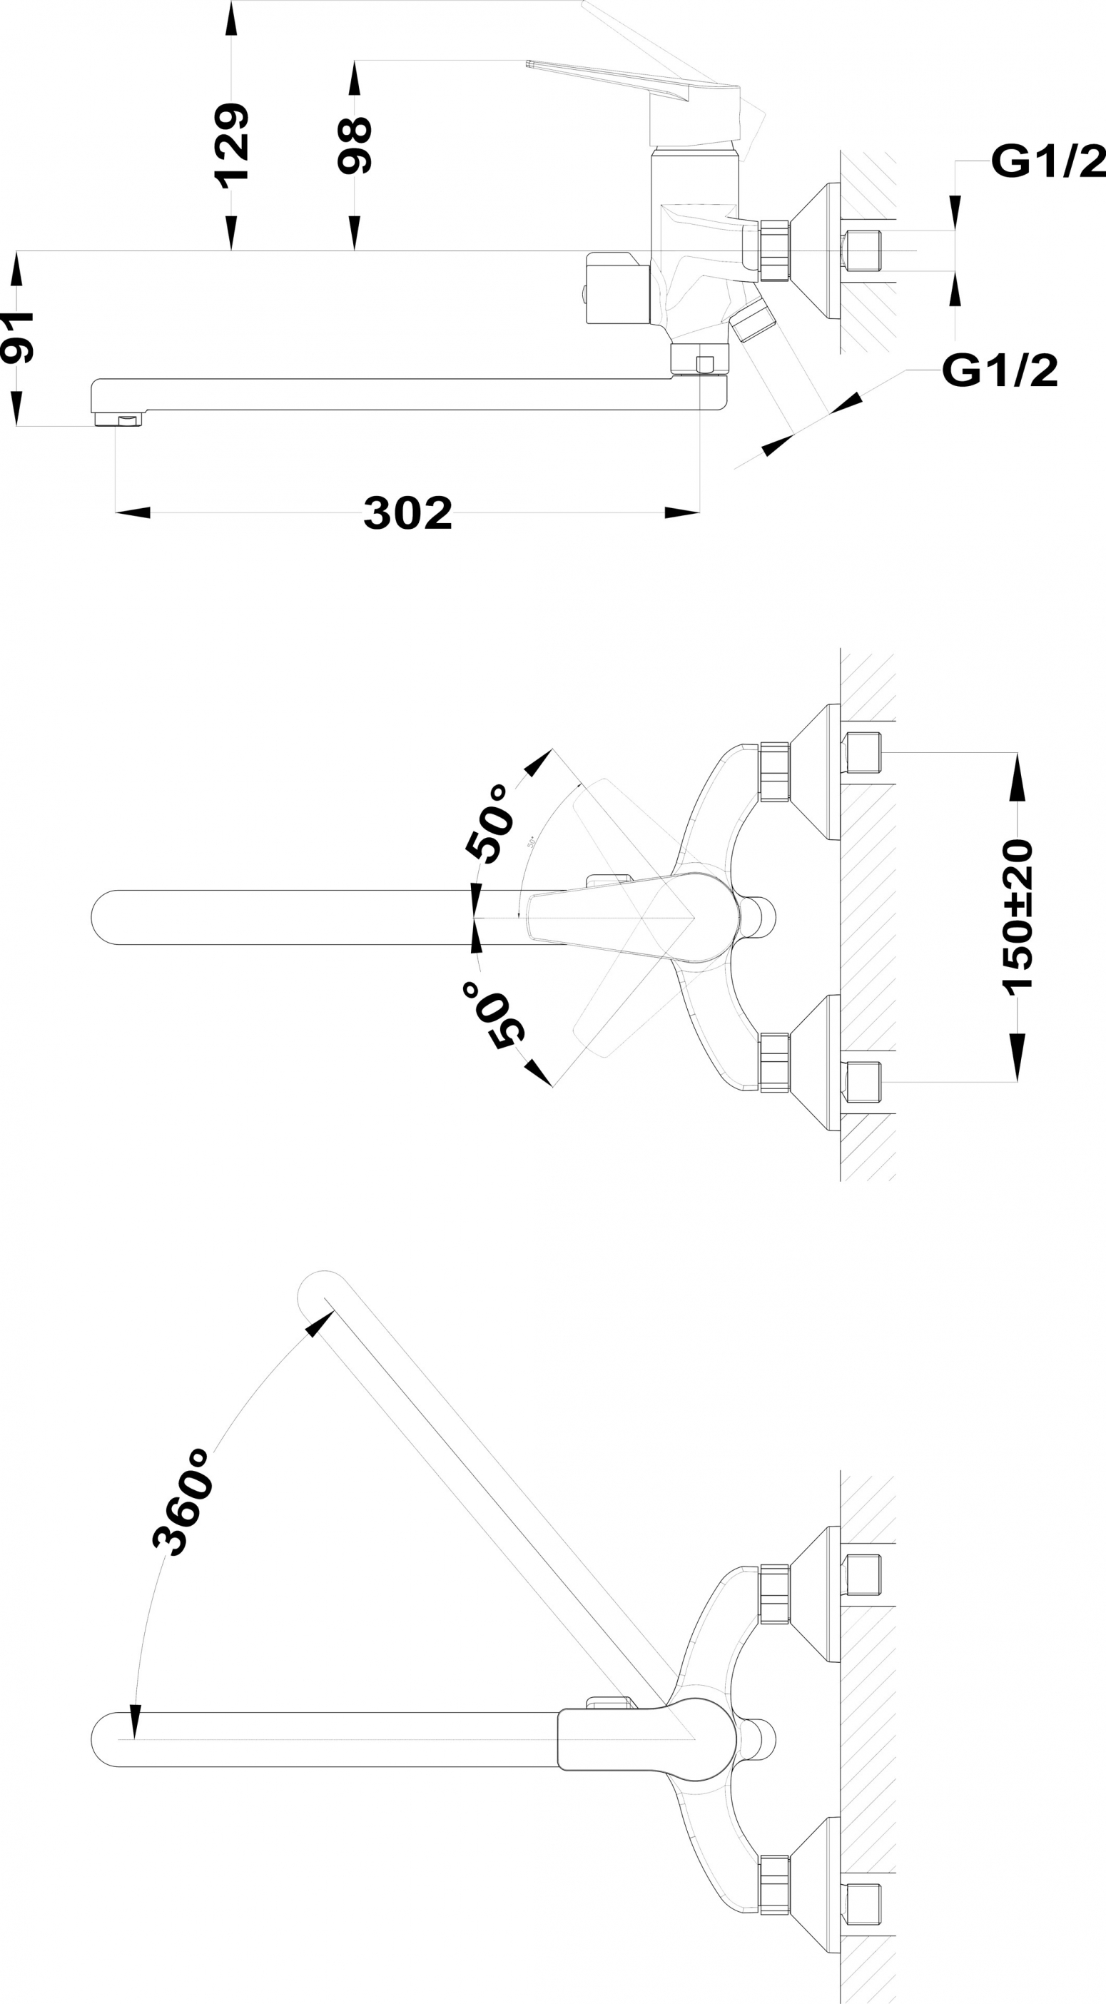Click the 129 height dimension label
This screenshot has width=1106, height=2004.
tap(231, 146)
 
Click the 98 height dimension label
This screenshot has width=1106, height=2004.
tap(354, 146)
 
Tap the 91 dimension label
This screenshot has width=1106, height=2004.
tap(16, 337)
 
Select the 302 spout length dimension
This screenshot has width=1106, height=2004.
tap(407, 513)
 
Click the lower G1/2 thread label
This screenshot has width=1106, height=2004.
tap(1000, 370)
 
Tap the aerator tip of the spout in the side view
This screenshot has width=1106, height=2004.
tap(119, 420)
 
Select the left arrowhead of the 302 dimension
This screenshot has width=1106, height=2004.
tap(133, 512)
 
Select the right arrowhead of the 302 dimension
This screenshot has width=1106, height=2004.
tap(682, 512)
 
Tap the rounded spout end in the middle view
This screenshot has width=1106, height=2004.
tap(105, 917)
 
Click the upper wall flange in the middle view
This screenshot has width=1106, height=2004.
tap(815, 771)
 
